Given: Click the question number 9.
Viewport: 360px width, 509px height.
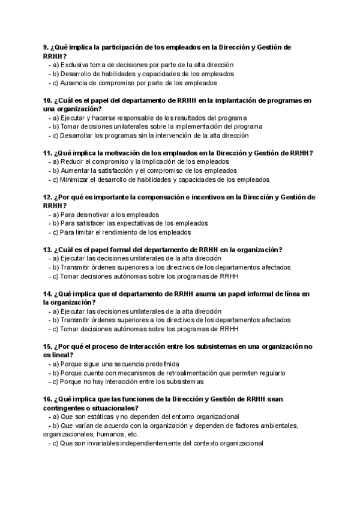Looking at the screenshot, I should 46,47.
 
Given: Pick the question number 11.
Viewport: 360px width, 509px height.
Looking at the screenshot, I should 48,153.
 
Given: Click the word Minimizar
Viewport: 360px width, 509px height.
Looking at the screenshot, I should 75,179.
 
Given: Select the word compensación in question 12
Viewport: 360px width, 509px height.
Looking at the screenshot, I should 158,197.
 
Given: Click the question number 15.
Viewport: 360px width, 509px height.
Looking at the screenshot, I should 48,346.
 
